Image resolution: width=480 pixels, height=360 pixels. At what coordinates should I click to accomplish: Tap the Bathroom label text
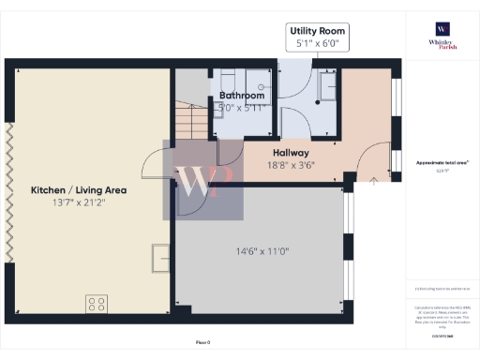(x=242, y=96)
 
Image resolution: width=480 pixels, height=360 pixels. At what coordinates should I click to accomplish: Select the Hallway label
(x=292, y=152)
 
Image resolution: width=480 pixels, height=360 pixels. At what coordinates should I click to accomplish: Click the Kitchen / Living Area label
(x=79, y=189)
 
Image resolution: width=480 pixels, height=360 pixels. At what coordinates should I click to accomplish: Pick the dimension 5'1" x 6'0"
(x=315, y=43)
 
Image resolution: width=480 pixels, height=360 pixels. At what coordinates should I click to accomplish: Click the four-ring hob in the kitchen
(x=97, y=303)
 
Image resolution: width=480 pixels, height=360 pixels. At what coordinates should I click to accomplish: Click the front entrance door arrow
(x=375, y=177)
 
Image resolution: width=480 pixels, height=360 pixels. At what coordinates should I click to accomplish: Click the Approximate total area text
(x=441, y=163)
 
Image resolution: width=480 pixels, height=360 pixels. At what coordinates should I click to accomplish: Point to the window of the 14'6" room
(x=349, y=229)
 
